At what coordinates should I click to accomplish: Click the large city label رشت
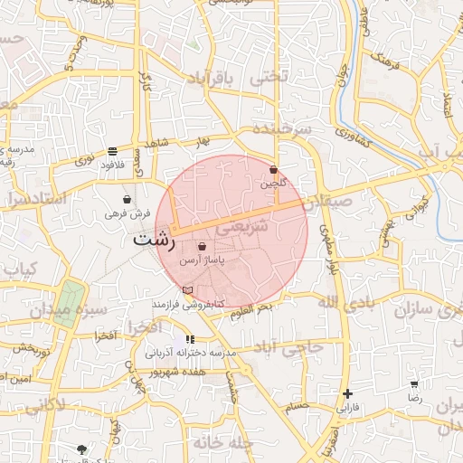[x=153, y=241]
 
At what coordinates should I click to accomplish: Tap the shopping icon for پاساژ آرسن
[x=202, y=246]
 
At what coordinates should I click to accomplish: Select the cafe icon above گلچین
[x=273, y=169]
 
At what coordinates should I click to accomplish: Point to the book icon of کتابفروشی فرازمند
[x=187, y=289]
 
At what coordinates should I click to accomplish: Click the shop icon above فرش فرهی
[x=127, y=199]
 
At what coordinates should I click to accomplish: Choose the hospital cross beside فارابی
[x=347, y=393]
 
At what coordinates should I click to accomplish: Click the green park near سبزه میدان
[x=70, y=300]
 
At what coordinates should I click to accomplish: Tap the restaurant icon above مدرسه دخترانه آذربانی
[x=189, y=339]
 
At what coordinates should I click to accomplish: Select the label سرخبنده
[x=281, y=128]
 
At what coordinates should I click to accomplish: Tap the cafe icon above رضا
[x=414, y=384]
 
